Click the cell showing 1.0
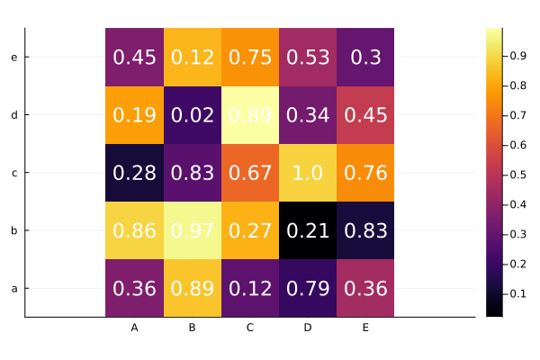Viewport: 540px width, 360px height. (308, 173)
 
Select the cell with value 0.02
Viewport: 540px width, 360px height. (193, 115)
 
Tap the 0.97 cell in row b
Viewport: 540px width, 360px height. (193, 230)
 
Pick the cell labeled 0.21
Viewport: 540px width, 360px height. (308, 230)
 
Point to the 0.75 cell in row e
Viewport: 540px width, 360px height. (250, 58)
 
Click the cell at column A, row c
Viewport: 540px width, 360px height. (135, 173)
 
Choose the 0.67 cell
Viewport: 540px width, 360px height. (250, 173)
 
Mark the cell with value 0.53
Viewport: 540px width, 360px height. (308, 58)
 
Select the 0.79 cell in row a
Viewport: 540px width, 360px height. (308, 288)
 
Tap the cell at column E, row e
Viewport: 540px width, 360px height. (365, 58)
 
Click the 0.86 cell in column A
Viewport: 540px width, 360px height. (135, 230)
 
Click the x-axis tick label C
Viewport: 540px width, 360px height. (250, 328)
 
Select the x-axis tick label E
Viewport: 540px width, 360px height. (365, 328)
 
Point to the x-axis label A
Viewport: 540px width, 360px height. (135, 328)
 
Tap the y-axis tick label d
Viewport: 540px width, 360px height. (13, 115)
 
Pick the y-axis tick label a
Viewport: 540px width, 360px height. (13, 288)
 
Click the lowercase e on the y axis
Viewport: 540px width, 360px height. (13, 58)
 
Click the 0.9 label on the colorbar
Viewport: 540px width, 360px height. (519, 56)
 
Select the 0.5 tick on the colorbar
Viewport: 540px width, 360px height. (519, 175)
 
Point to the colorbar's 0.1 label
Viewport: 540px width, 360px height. (519, 293)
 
